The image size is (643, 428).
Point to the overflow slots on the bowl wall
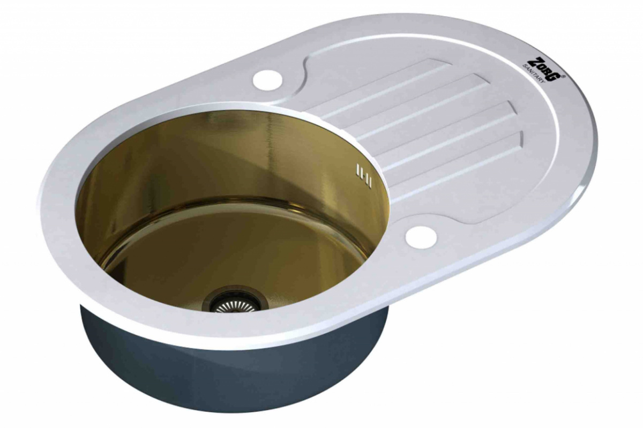tap(363, 175)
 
